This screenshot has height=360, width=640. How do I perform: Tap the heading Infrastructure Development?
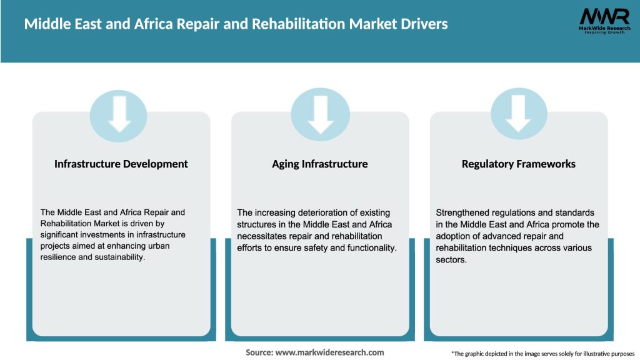coord(121,164)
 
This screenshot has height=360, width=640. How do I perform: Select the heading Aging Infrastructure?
coord(319,164)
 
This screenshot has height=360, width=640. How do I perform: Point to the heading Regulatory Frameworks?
coord(518,164)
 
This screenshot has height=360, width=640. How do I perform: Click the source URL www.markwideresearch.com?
coord(329,352)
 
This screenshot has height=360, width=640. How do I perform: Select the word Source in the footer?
coord(258,352)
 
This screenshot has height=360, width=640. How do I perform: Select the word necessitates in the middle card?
coord(263,236)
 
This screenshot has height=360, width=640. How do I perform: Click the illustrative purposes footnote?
coord(542,354)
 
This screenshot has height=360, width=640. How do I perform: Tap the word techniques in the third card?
coord(518,247)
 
